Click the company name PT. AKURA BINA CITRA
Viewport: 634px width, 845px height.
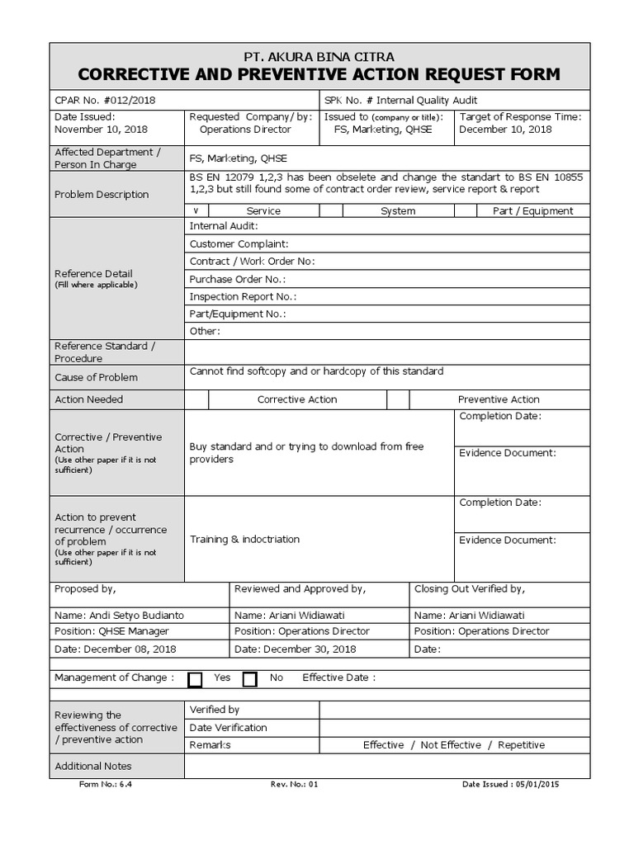(319, 57)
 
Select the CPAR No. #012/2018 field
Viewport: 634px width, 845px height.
(104, 100)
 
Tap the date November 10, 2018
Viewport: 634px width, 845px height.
(101, 130)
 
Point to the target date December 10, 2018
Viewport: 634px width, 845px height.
(505, 130)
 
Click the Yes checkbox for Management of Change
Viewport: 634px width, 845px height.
(195, 679)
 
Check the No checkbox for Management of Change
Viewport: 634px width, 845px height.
(249, 679)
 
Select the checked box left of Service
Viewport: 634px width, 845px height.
(196, 211)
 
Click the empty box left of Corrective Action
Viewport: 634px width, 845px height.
(196, 399)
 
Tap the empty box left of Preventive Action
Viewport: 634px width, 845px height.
(398, 399)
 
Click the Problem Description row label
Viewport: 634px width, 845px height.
(102, 195)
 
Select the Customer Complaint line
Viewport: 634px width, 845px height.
(239, 244)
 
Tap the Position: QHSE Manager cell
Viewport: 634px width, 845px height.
(107, 631)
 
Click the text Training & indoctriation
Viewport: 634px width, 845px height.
(245, 540)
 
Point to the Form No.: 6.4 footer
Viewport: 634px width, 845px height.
(106, 785)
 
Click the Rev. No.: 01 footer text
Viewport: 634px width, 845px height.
(294, 785)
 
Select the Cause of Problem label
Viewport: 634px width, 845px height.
(96, 377)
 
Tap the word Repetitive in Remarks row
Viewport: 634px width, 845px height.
(521, 745)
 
